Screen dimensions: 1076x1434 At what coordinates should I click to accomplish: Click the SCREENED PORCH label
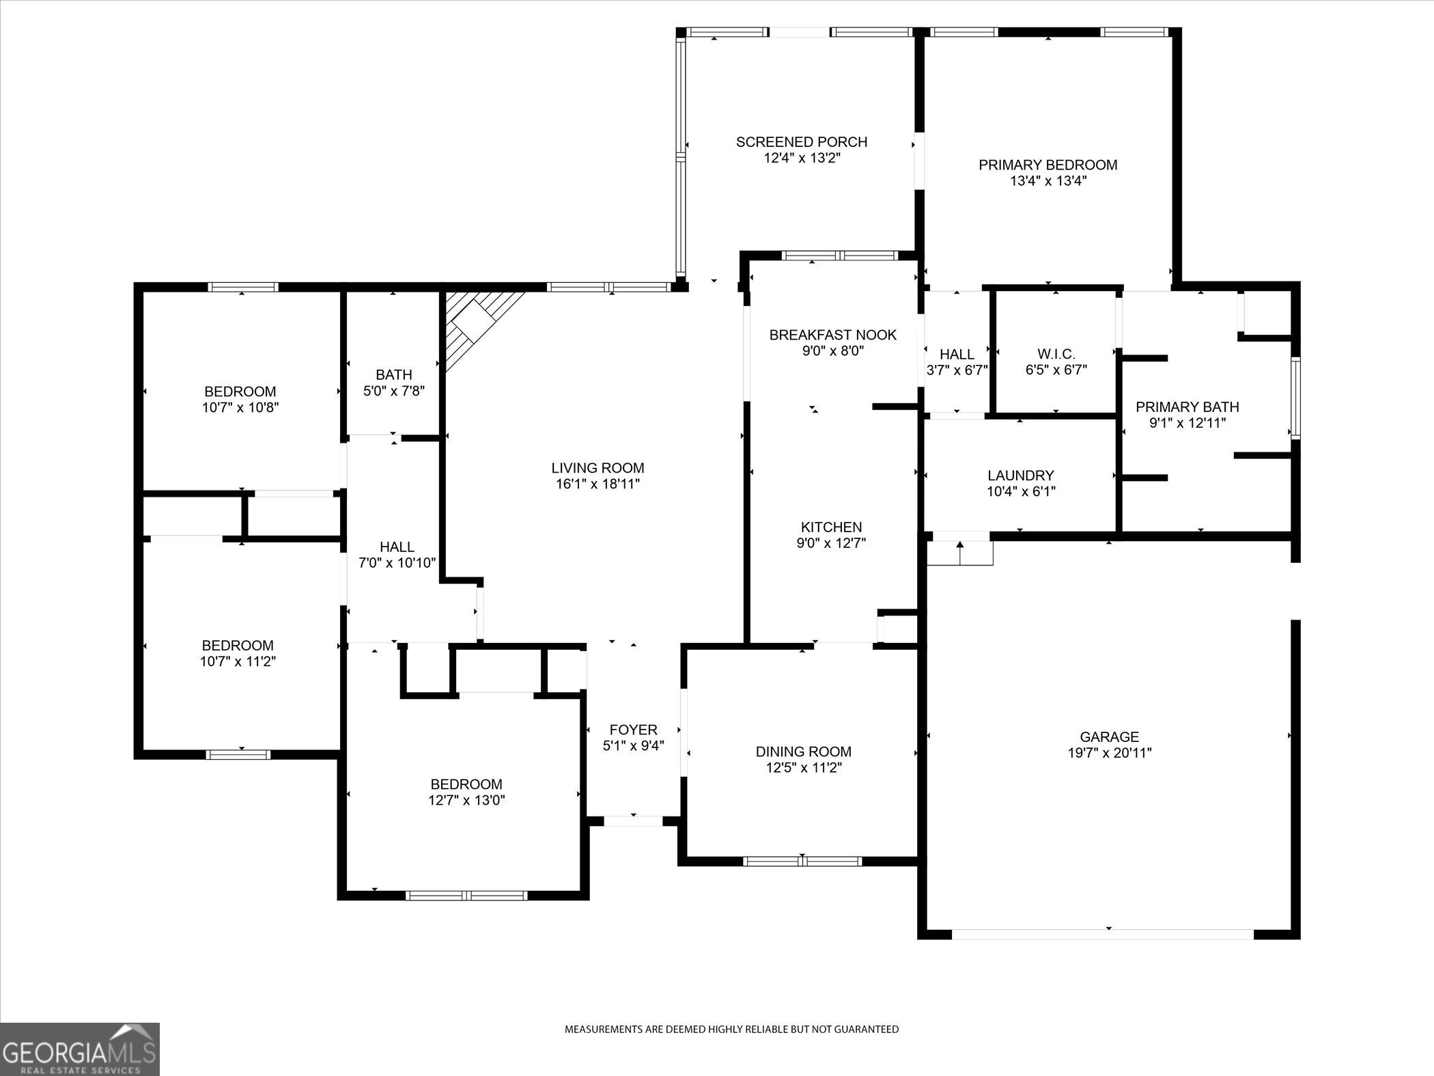(x=801, y=142)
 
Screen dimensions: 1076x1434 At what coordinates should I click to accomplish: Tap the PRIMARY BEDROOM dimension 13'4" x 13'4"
(x=1048, y=181)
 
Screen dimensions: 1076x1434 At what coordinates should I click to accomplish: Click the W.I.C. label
(x=1056, y=354)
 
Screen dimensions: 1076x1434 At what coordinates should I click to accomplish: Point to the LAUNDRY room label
(x=1020, y=475)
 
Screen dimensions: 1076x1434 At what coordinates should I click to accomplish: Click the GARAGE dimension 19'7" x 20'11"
(x=1109, y=753)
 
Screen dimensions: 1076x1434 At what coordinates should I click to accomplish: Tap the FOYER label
(x=633, y=730)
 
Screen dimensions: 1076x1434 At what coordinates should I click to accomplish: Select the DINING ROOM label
(x=803, y=751)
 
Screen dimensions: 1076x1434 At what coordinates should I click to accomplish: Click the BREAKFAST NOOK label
(x=832, y=335)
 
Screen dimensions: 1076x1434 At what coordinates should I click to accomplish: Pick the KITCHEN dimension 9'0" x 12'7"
(x=831, y=543)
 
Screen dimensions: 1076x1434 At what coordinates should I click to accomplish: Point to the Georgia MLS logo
(x=79, y=1049)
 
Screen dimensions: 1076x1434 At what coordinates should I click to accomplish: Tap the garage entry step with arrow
(x=959, y=552)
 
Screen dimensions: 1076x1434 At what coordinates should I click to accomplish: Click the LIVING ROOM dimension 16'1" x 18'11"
(x=597, y=484)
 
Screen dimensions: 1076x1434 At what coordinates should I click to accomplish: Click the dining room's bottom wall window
(x=802, y=861)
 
